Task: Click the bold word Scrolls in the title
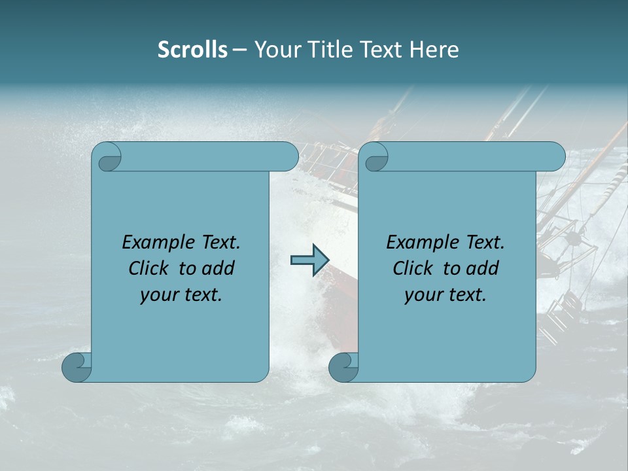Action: pos(192,50)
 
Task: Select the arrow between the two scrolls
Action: pos(309,261)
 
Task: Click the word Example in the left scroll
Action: pos(152,243)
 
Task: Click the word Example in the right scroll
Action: pos(417,243)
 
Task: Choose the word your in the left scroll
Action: pos(158,295)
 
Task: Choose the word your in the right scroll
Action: pos(423,295)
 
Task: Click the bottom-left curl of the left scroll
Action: pos(76,367)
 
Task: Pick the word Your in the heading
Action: pos(274,50)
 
